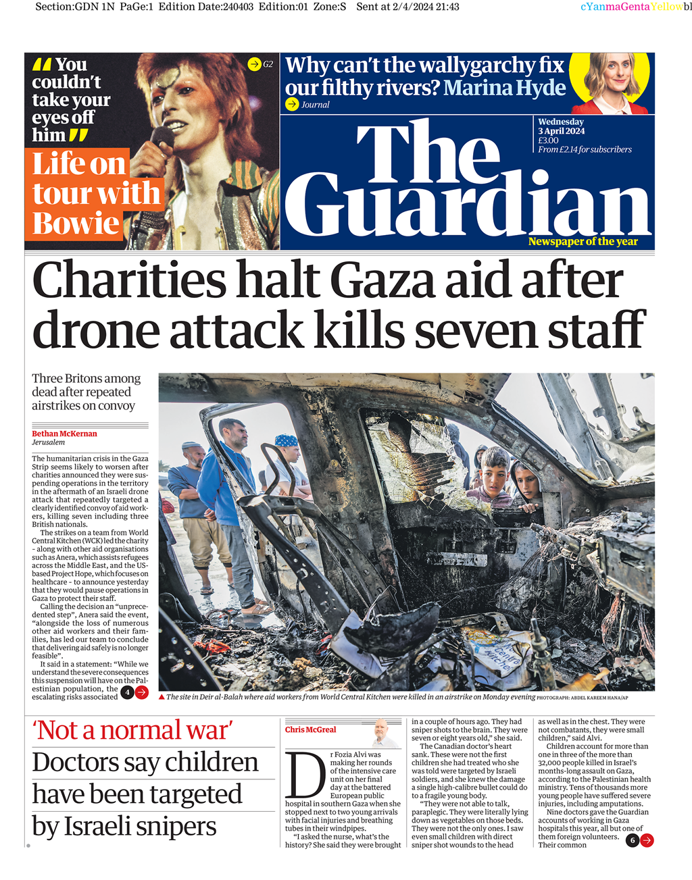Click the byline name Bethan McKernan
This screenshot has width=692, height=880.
click(64, 434)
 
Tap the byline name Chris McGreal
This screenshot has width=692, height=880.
click(310, 729)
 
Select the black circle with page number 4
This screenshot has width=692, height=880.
click(127, 692)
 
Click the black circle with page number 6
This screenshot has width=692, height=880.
click(632, 840)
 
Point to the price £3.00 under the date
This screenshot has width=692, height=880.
click(548, 140)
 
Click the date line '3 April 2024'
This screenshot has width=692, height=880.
click(561, 131)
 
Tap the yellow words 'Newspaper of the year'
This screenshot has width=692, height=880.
click(583, 242)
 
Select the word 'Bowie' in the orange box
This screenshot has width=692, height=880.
click(76, 224)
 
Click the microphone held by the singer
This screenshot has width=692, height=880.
click(162, 136)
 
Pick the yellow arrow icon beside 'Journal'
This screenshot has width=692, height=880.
click(292, 104)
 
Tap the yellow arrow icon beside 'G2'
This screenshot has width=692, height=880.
click(254, 64)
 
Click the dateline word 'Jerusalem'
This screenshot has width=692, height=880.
click(49, 443)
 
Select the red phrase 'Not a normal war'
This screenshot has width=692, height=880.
click(132, 731)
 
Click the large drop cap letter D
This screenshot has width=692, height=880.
click(305, 774)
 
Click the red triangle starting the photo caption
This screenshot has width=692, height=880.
click(162, 697)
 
